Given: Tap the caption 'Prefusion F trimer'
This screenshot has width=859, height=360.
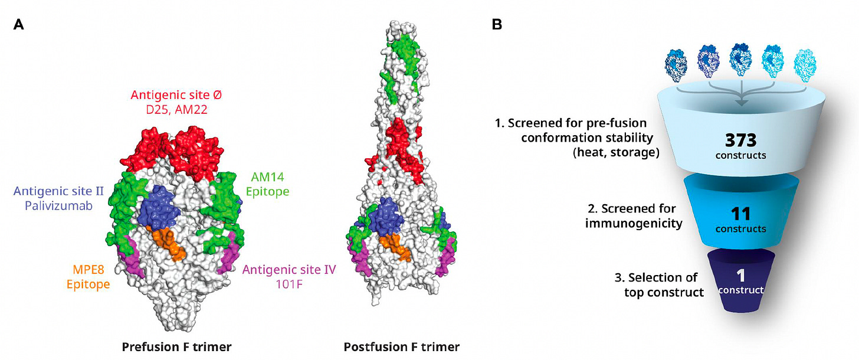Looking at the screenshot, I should click(x=176, y=346).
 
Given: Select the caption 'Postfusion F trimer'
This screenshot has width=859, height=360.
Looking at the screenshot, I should click(x=402, y=346).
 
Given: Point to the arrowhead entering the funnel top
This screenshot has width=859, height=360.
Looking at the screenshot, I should click(x=741, y=104).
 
